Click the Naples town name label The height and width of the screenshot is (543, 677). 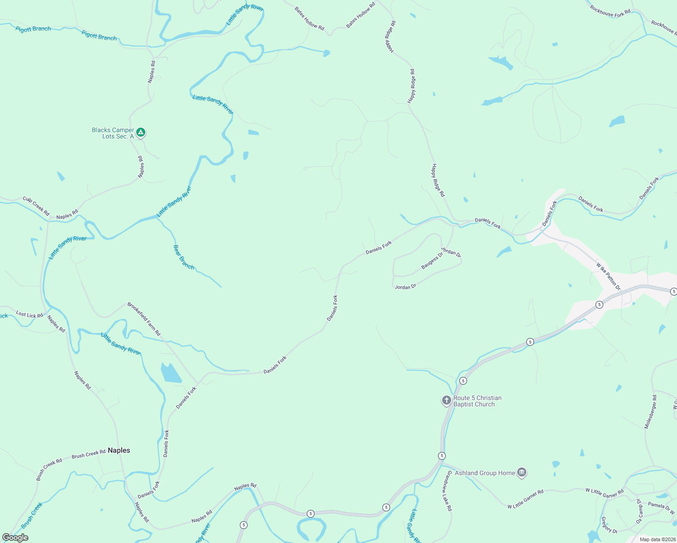[x=119, y=450]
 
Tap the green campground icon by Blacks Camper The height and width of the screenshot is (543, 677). [x=141, y=132]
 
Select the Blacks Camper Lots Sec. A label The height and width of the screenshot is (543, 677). [x=113, y=133]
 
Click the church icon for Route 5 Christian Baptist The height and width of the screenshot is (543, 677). [x=446, y=400]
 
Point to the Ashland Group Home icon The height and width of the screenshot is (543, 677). [x=522, y=473]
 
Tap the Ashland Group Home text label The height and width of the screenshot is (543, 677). [x=485, y=473]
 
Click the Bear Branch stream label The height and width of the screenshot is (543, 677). [x=184, y=257]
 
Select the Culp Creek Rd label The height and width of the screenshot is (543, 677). [x=36, y=206]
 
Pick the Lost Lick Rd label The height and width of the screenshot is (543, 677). [x=29, y=314]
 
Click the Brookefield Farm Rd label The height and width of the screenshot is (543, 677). [x=144, y=319]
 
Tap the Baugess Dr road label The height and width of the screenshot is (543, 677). [x=432, y=261]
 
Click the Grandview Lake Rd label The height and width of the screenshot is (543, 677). [x=447, y=491]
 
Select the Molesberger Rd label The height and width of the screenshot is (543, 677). [x=650, y=412]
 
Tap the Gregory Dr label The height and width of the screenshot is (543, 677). [x=609, y=525]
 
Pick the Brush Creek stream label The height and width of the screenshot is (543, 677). [x=32, y=515]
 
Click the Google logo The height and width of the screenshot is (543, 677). [x=15, y=538]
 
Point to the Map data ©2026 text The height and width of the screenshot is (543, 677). [x=656, y=539]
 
